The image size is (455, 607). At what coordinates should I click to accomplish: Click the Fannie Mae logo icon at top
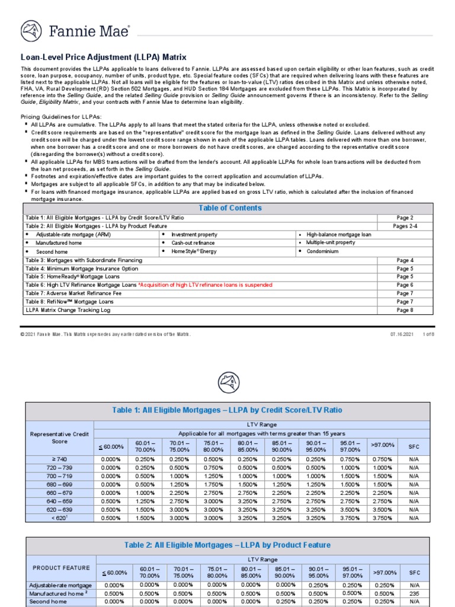[x=31, y=30]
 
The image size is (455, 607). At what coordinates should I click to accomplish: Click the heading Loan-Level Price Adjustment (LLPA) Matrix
[x=104, y=57]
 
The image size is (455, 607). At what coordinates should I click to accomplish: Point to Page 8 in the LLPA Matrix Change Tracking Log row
[x=405, y=310]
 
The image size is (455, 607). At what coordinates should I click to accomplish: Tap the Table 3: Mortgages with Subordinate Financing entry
[x=84, y=260]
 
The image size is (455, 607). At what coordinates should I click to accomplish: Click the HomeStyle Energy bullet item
[x=194, y=251]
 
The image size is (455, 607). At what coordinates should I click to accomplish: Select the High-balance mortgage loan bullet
[x=339, y=235]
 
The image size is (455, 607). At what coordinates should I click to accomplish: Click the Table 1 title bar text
[x=227, y=410]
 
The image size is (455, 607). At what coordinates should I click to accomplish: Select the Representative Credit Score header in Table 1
[x=59, y=438]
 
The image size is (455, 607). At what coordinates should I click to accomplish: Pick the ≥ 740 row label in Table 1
[x=59, y=459]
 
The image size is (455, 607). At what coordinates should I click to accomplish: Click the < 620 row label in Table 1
[x=59, y=517]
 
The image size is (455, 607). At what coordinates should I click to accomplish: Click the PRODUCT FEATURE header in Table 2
[x=62, y=568]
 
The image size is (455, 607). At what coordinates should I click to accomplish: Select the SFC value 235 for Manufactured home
[x=414, y=593]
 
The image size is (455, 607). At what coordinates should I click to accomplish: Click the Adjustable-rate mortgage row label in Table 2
[x=60, y=585]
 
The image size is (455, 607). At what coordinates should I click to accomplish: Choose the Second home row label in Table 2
[x=47, y=602]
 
